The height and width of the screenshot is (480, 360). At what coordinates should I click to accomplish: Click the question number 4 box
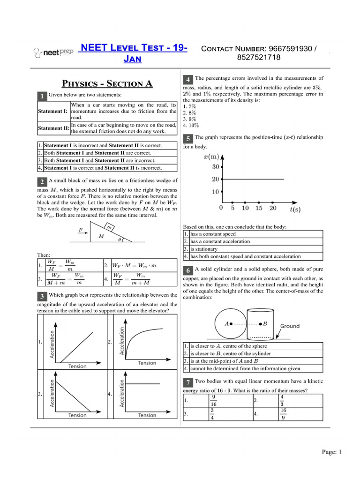click(x=187, y=80)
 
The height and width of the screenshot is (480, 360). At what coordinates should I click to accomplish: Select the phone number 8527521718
click(x=259, y=58)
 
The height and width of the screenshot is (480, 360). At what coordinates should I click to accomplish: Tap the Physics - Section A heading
click(x=108, y=84)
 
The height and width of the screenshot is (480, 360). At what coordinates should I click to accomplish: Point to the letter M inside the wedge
click(x=101, y=236)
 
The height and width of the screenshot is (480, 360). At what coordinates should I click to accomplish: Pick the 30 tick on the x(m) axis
click(x=216, y=166)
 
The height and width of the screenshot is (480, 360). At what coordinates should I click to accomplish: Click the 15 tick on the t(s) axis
click(x=259, y=208)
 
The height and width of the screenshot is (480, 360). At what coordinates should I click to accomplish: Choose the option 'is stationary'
click(x=207, y=249)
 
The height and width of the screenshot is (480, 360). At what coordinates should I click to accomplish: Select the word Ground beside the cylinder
click(x=290, y=326)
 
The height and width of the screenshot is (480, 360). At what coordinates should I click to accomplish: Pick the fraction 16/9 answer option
click(x=283, y=414)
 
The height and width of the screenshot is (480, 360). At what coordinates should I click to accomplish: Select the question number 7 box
click(x=187, y=384)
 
